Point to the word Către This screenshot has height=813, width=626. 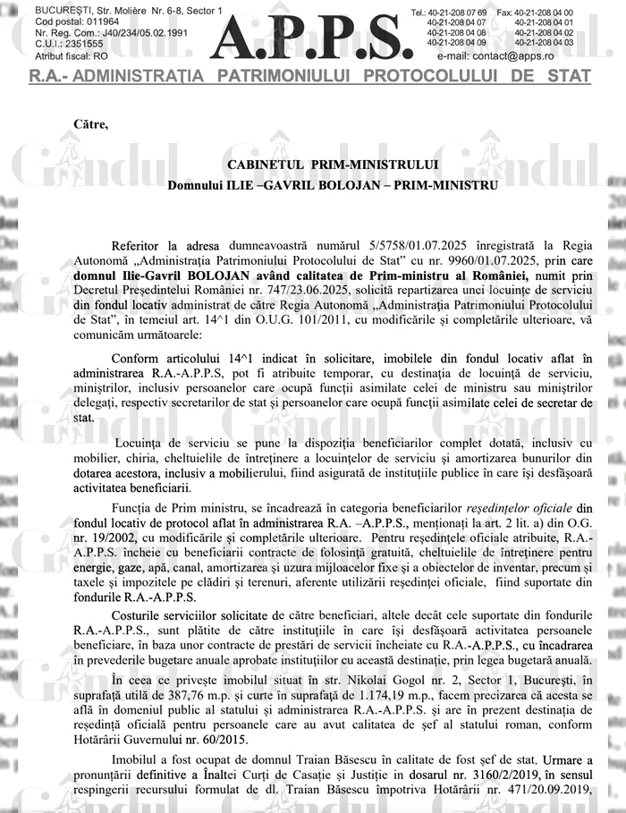tap(92, 123)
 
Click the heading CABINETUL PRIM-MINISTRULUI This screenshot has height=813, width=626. tap(333, 165)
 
